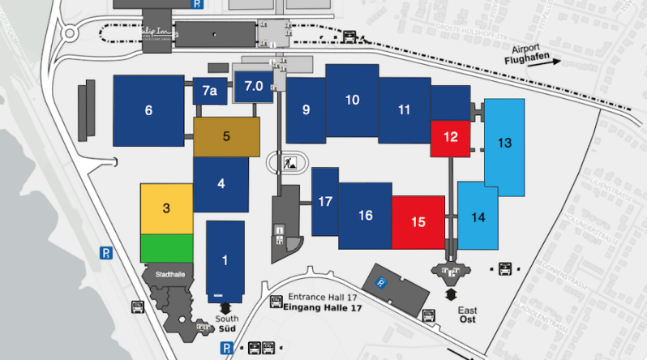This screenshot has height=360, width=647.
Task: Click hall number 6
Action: (x=148, y=110)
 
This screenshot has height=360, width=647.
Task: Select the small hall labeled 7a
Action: (x=210, y=91)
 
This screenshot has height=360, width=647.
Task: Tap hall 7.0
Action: (x=254, y=86)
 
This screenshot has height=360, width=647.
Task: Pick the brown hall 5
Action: (x=227, y=136)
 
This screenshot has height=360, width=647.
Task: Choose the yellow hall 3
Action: (x=166, y=208)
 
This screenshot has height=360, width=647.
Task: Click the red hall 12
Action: (x=451, y=136)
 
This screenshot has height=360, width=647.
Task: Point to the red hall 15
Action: (x=418, y=221)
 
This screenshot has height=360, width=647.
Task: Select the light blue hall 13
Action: (x=504, y=144)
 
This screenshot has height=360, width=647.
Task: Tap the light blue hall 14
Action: (x=478, y=216)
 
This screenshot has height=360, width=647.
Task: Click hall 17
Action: (x=325, y=201)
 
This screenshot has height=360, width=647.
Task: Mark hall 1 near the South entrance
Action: (x=225, y=260)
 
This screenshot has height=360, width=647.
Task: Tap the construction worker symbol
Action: (x=290, y=164)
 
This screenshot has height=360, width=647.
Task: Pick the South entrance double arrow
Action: (x=225, y=307)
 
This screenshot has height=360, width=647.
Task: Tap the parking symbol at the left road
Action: (x=105, y=252)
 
